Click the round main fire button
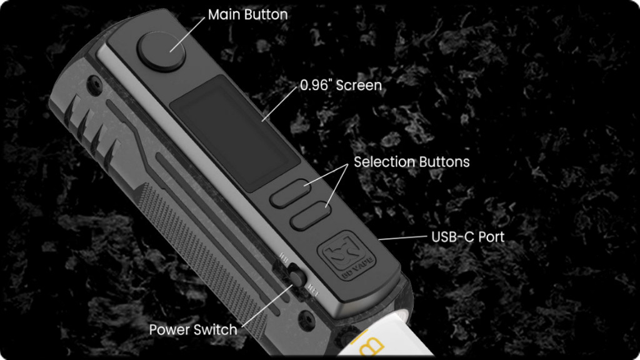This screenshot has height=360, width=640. coord(161,52)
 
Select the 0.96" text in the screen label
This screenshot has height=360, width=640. coord(316,86)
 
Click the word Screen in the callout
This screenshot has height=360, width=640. coord(359,86)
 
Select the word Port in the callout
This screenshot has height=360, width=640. coord(492,237)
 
